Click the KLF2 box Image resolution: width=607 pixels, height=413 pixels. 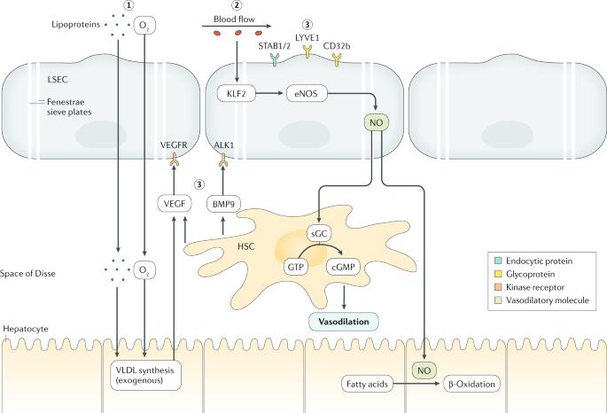click(236, 94)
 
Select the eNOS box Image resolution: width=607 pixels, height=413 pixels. click(307, 94)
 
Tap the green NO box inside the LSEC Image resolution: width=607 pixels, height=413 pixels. click(376, 122)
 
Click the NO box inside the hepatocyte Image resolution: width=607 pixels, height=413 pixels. click(424, 370)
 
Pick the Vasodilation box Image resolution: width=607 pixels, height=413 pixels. click(343, 322)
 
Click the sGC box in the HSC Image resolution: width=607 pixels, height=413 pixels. click(319, 234)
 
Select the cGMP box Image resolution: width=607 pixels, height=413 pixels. click(343, 267)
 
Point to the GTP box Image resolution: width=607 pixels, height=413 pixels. click(295, 267)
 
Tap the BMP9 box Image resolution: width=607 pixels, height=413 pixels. click(223, 204)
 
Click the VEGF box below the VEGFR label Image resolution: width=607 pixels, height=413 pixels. click(175, 204)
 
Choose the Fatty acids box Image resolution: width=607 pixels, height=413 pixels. click(367, 384)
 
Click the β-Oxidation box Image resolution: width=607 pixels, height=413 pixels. click(471, 384)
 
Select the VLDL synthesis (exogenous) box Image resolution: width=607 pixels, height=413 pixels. click(145, 376)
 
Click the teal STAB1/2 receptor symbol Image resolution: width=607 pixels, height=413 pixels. click(275, 59)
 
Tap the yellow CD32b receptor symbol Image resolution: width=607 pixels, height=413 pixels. click(337, 59)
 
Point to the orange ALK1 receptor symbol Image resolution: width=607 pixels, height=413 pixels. click(223, 160)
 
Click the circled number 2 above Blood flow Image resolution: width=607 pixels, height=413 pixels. click(236, 5)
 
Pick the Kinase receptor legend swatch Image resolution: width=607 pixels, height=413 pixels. click(498, 287)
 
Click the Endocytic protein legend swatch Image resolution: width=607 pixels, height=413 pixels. click(498, 261)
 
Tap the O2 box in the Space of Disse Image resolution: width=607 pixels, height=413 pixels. click(144, 270)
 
